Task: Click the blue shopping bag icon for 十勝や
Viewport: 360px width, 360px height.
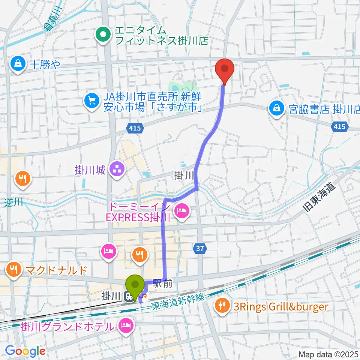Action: coord(18,64)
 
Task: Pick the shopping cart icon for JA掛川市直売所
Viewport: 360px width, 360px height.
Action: coord(91,100)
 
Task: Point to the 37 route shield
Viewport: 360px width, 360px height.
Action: coord(199,248)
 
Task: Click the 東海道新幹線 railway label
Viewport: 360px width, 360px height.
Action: coord(178,302)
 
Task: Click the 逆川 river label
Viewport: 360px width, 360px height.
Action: coord(14,202)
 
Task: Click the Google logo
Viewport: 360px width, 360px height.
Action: coord(25,351)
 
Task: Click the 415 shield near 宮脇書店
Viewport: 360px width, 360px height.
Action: coord(339,127)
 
